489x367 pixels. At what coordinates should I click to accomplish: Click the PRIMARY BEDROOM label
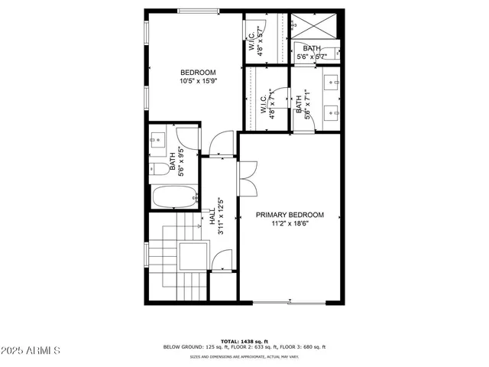click(290, 215)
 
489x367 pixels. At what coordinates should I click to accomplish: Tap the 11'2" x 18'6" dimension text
click(290, 224)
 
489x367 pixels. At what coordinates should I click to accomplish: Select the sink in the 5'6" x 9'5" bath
click(157, 140)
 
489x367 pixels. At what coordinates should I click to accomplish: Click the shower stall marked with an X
click(313, 27)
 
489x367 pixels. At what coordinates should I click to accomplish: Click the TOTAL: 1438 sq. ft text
click(244, 340)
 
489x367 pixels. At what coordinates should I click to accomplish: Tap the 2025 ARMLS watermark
click(32, 350)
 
